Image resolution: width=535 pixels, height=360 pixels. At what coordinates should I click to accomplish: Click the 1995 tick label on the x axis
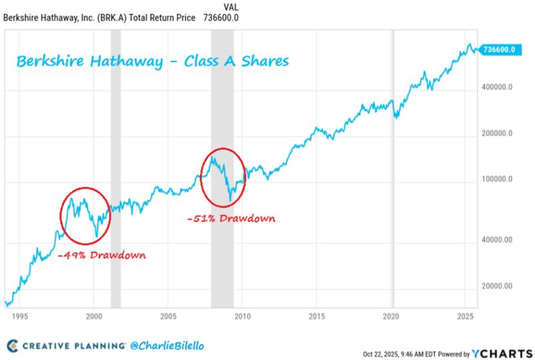point(19,317)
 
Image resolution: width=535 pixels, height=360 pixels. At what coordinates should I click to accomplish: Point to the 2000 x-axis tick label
point(93,317)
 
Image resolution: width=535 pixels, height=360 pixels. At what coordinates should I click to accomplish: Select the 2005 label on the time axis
point(168,317)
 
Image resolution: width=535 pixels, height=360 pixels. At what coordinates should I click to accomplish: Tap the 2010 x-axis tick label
point(243,317)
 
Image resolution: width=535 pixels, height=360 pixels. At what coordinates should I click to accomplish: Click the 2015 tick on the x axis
point(317,317)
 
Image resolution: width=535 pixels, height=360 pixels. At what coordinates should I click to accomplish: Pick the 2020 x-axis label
point(391,317)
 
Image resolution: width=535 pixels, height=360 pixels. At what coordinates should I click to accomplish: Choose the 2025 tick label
point(466,317)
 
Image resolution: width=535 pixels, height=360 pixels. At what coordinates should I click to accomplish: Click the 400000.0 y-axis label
point(498,87)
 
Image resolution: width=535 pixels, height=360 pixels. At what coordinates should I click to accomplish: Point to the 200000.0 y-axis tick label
point(498,133)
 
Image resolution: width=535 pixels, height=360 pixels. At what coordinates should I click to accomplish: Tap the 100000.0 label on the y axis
point(498,180)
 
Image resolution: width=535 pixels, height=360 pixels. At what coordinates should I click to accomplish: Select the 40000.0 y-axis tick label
point(496,240)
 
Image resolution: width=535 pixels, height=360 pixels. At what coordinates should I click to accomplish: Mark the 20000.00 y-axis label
point(496,286)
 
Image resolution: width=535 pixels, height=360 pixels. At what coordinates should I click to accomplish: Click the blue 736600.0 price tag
point(499,49)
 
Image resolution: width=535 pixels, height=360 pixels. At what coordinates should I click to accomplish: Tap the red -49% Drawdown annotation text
point(101,255)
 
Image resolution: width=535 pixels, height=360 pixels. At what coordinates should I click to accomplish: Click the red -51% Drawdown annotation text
point(231,218)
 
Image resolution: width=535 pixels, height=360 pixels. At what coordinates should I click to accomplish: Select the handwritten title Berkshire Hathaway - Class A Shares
point(152,62)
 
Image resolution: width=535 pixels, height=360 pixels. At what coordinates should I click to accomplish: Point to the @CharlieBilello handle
point(166,346)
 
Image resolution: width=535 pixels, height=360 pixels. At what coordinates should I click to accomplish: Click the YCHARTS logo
point(499,353)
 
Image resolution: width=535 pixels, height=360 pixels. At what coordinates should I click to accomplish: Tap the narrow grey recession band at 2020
point(393,164)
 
